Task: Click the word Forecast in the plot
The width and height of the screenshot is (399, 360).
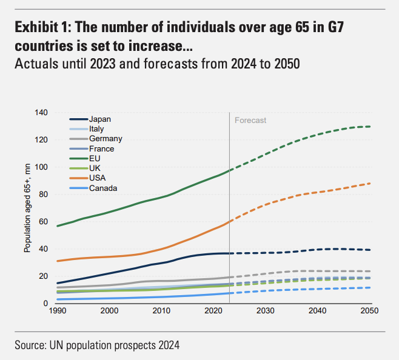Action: click(250, 120)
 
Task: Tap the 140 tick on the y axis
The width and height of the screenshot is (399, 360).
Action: click(41, 113)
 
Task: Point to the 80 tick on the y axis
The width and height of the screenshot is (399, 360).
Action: click(44, 195)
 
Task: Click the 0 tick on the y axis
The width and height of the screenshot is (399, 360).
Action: click(45, 303)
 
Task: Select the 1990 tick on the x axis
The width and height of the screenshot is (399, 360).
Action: click(57, 311)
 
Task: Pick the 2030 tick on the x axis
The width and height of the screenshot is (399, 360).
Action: click(265, 311)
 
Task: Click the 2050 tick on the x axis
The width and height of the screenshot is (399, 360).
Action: click(369, 311)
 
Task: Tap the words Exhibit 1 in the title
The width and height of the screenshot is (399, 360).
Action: click(42, 28)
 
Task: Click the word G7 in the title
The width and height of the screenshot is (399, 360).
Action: click(347, 28)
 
